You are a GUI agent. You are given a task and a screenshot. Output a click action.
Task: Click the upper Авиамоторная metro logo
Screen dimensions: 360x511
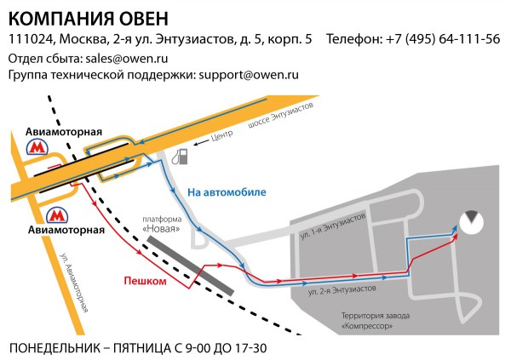coord(36,147)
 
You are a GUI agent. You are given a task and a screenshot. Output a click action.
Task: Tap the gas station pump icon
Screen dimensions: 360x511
coord(181,157)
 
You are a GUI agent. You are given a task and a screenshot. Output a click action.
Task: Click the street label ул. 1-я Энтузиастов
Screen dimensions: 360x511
coord(333,225)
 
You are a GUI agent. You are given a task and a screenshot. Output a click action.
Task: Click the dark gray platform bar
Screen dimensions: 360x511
coord(189,266)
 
